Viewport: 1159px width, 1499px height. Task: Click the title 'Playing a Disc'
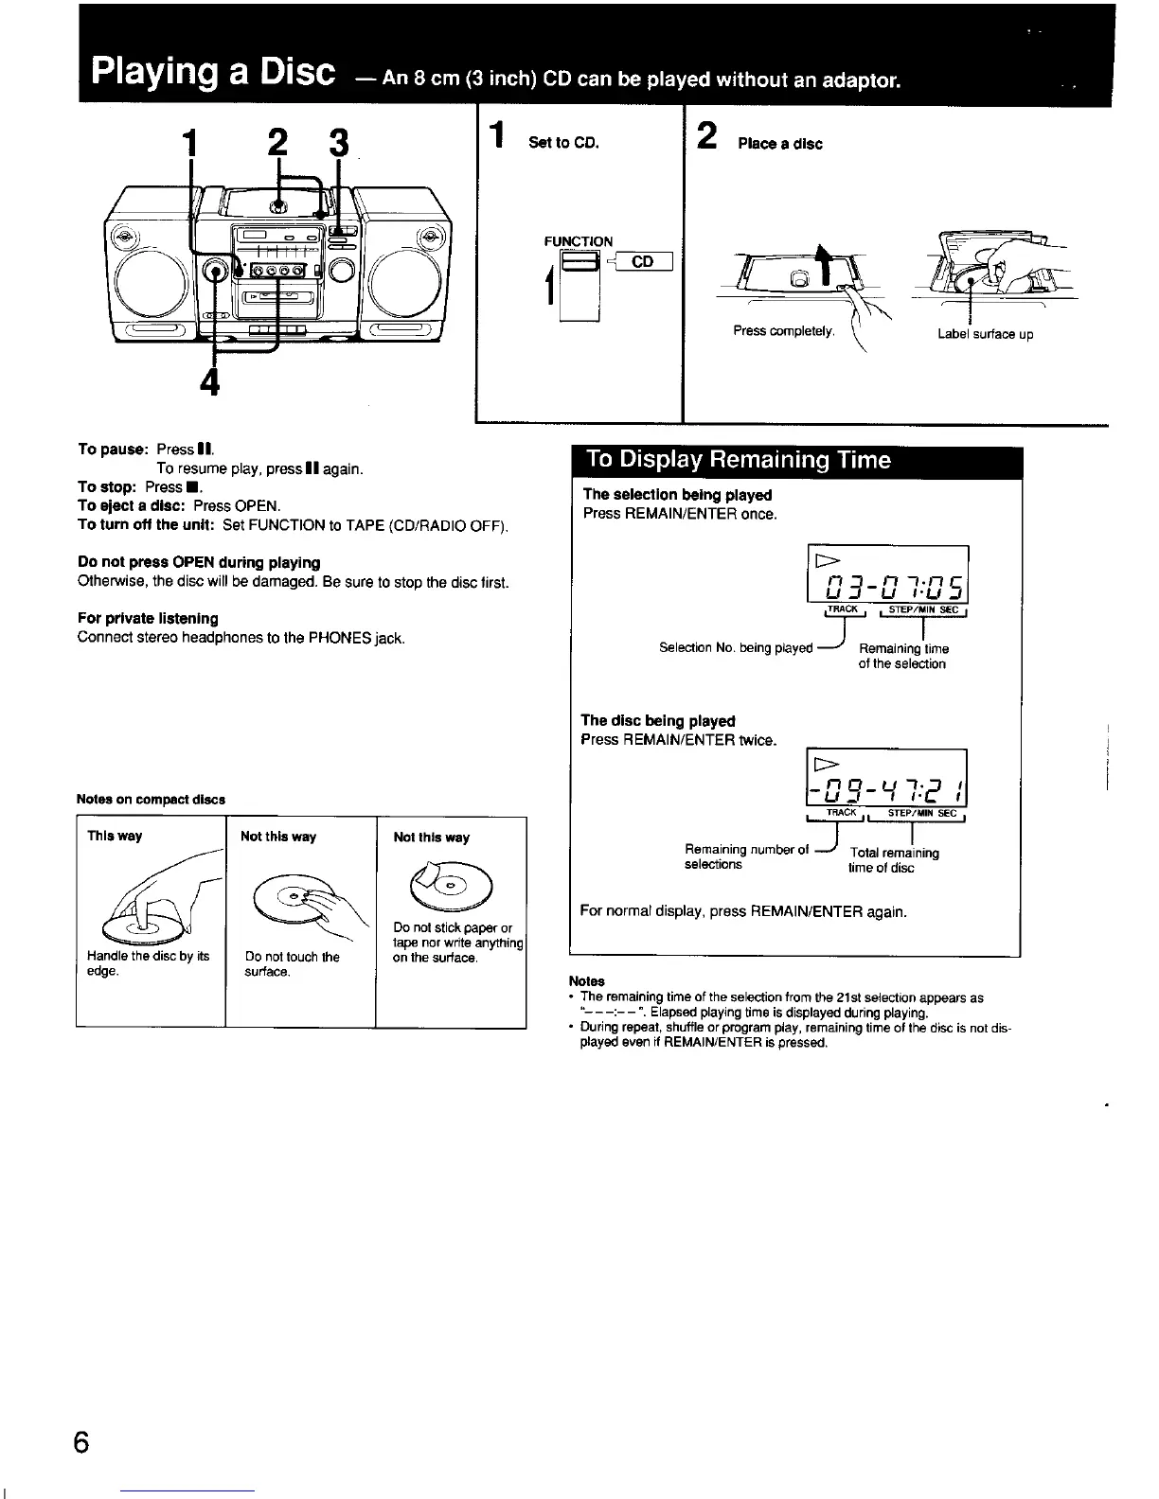pyautogui.click(x=214, y=73)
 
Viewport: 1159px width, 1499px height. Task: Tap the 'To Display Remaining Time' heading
pyautogui.click(x=739, y=460)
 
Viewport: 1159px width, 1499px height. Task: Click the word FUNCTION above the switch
pyautogui.click(x=578, y=241)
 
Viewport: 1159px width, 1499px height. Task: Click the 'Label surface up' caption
pyautogui.click(x=985, y=334)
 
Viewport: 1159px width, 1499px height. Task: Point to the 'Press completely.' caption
pyautogui.click(x=784, y=331)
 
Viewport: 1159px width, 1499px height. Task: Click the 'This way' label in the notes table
pyautogui.click(x=115, y=836)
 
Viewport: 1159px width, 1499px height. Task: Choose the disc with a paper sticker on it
pyautogui.click(x=451, y=884)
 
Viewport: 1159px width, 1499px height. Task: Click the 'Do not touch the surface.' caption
pyautogui.click(x=292, y=964)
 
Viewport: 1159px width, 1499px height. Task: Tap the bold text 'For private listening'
pyautogui.click(x=148, y=618)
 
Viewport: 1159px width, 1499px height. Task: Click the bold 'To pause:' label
pyautogui.click(x=114, y=449)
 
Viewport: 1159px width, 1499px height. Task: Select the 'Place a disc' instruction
pyautogui.click(x=780, y=144)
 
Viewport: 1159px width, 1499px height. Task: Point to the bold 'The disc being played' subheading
pyautogui.click(x=659, y=720)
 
